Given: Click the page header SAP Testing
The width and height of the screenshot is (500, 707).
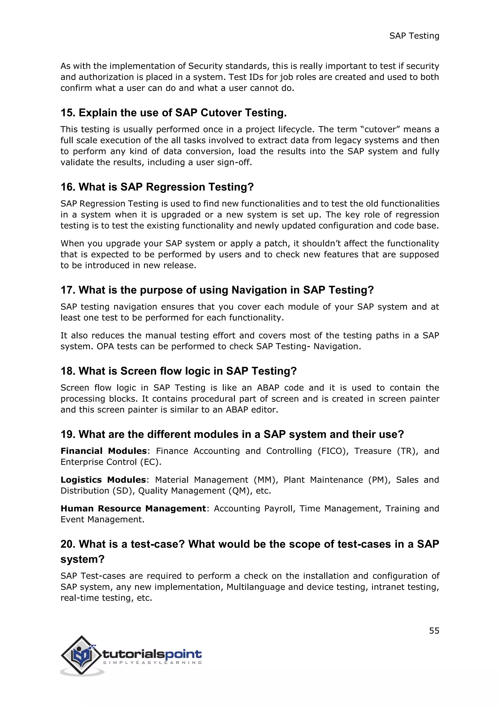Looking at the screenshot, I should point(414,36).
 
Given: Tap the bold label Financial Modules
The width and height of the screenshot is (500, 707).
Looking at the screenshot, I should point(104,451).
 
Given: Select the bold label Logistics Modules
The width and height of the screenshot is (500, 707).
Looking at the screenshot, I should point(103,480).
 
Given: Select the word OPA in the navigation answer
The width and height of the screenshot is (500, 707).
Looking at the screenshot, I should point(105,346).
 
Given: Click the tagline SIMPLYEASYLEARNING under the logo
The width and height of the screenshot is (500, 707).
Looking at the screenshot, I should point(152,663).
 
